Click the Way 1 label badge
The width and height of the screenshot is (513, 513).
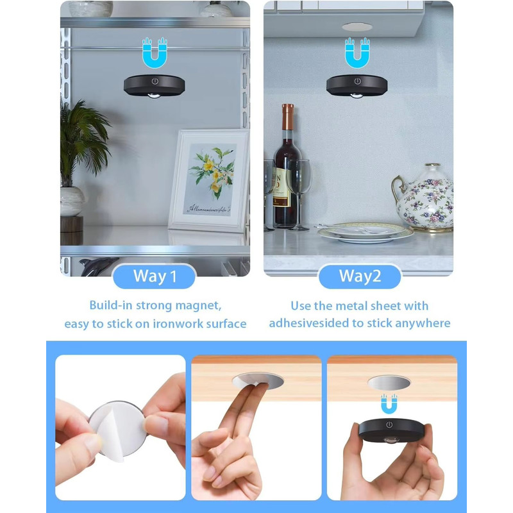154,276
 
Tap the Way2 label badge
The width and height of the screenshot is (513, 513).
360,276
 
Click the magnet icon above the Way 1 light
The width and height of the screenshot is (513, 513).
155,53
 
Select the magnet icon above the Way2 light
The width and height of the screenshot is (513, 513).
357,53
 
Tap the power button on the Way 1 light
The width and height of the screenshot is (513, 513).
155,81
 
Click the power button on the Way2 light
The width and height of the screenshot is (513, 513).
358,81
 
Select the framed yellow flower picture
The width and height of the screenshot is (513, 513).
209,181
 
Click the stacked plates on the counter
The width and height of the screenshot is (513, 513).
365,233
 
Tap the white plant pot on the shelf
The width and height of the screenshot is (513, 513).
72,201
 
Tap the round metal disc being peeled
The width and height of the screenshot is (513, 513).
117,430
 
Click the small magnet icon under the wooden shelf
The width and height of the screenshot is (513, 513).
389,403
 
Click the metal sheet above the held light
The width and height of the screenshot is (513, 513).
389,383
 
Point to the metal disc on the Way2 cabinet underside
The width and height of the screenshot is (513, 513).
357,27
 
